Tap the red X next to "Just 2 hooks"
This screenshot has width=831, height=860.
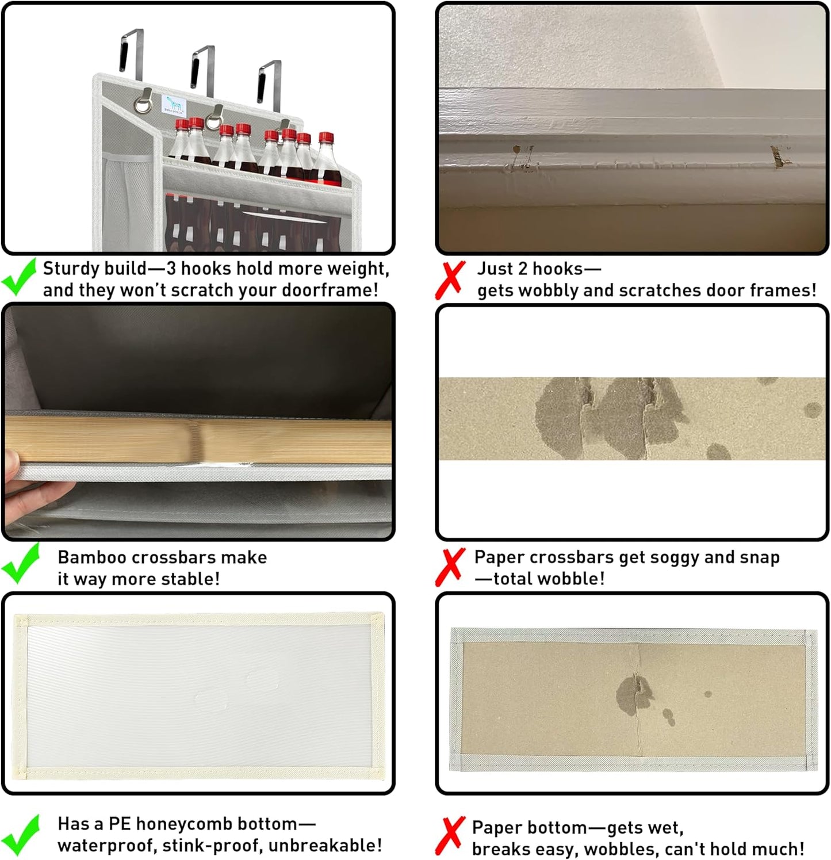(450, 280)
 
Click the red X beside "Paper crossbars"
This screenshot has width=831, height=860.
(450, 567)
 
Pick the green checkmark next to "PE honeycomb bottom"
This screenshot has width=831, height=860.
(21, 835)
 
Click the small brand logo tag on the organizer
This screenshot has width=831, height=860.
(174, 105)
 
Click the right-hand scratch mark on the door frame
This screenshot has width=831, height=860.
(779, 156)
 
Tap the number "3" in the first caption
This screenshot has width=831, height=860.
(171, 269)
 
